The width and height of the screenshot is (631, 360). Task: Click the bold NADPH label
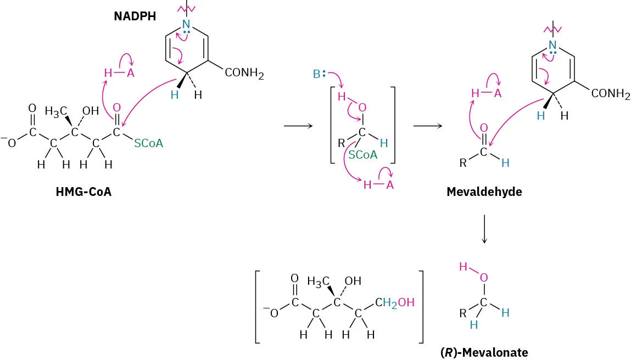click(x=135, y=16)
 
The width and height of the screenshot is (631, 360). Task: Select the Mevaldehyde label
click(x=484, y=192)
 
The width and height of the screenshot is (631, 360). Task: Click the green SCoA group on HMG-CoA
click(x=148, y=143)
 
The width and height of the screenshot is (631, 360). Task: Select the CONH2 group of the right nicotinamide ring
click(x=610, y=94)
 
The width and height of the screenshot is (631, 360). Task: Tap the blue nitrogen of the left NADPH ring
click(x=187, y=24)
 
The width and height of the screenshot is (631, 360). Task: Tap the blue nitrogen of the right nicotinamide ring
click(x=552, y=45)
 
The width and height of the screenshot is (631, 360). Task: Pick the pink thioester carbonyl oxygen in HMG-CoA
click(x=116, y=107)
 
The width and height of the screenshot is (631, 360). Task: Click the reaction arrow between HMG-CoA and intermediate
click(x=298, y=126)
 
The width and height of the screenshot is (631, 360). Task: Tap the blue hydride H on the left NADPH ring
click(x=174, y=94)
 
